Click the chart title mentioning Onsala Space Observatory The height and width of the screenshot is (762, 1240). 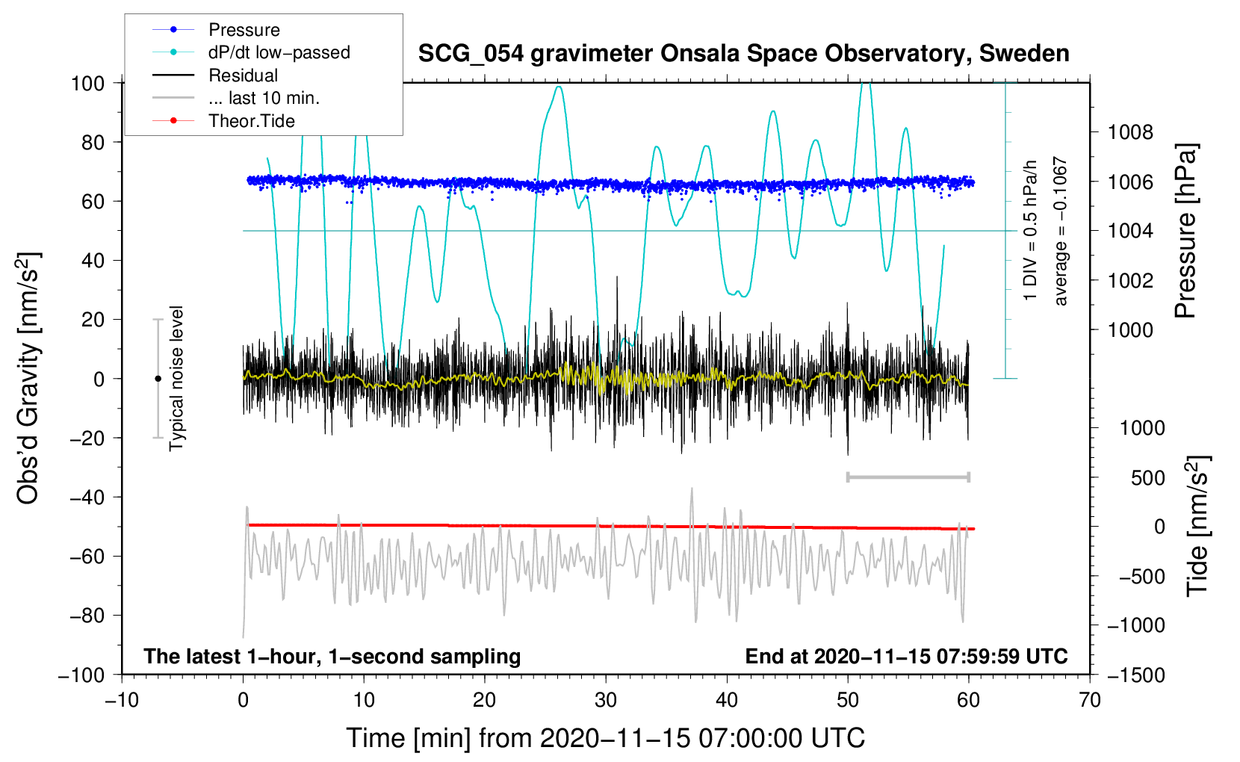tap(743, 54)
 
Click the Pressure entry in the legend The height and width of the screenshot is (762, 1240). tap(244, 30)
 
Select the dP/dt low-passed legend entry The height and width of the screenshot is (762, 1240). tap(279, 52)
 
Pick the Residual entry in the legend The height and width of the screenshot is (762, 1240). tap(243, 75)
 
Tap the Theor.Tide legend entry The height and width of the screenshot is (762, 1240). tap(251, 121)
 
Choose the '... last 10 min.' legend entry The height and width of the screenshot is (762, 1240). tap(264, 98)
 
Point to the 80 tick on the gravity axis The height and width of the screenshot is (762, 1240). tap(93, 142)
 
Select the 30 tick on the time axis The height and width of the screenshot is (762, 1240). tap(606, 700)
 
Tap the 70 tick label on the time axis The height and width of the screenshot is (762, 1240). tap(1090, 700)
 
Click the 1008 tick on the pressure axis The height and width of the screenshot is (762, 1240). tap(1130, 132)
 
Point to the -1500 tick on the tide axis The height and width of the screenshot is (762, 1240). tap(1135, 675)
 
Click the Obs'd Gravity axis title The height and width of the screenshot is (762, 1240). tap(28, 378)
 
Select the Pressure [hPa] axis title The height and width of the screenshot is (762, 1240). tap(1185, 232)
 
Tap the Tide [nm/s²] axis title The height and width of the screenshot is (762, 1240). tap(1197, 525)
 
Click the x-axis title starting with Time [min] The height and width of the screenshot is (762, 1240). tap(606, 738)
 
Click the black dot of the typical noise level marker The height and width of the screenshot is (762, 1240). tap(158, 379)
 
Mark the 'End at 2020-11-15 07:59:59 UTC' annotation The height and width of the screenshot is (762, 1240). tap(906, 656)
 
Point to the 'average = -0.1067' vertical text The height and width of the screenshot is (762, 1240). tap(1061, 232)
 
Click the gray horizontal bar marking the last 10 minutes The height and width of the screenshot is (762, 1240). tap(908, 477)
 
